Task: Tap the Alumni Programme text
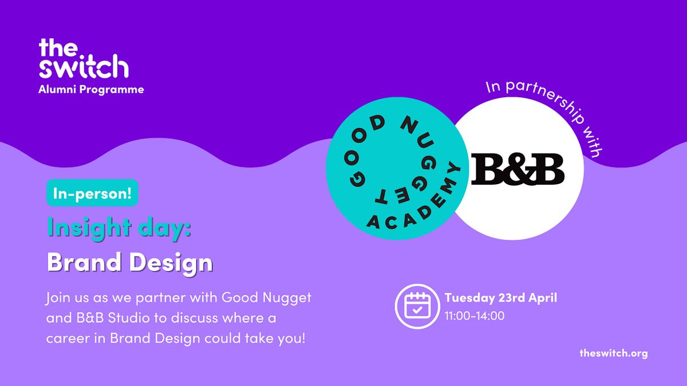[x=91, y=89]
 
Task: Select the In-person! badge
[x=92, y=193]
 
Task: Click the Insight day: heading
[x=119, y=228]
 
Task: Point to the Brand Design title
[x=129, y=263]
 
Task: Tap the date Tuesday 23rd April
[x=500, y=298]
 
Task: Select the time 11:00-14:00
[x=474, y=315]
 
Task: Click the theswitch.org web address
[x=613, y=353]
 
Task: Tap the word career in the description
[x=65, y=338]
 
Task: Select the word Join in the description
[x=59, y=298]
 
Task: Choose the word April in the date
[x=542, y=298]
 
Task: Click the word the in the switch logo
[x=57, y=47]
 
